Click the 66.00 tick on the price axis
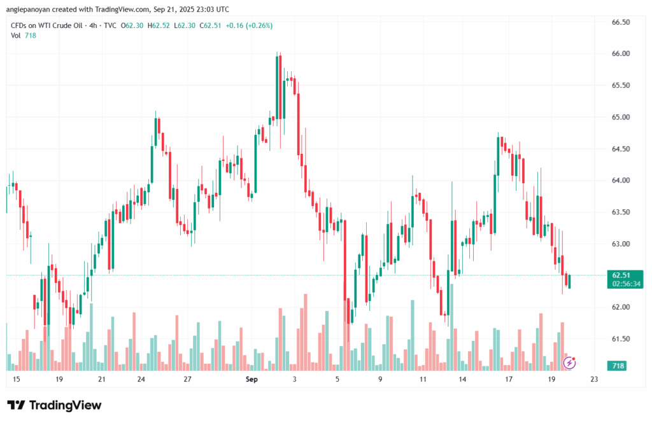[620, 53]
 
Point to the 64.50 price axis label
[620, 149]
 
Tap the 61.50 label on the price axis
[620, 339]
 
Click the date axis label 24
[141, 380]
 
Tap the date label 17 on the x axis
[509, 380]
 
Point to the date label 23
[594, 380]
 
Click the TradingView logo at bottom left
[54, 405]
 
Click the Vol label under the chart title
[16, 36]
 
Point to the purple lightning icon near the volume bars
[570, 363]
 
